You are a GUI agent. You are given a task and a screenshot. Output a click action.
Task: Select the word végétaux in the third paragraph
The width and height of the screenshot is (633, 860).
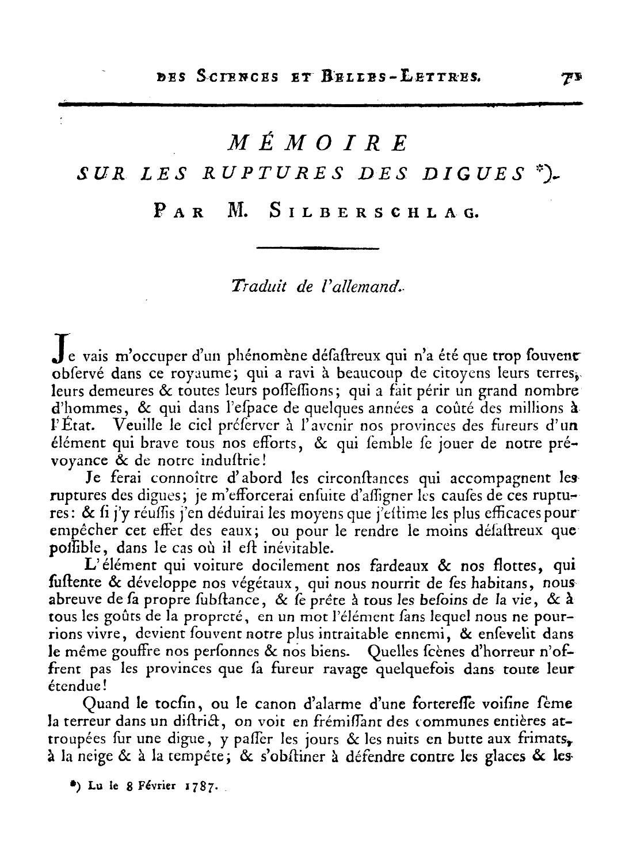(265, 585)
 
